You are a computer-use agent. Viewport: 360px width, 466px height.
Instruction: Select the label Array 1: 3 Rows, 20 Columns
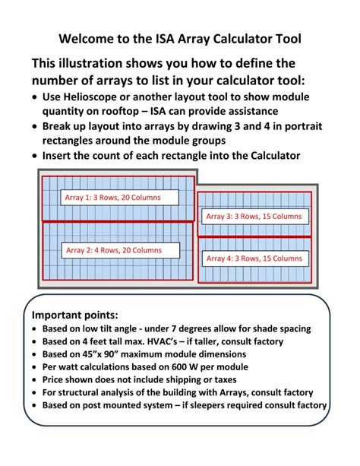click(x=112, y=198)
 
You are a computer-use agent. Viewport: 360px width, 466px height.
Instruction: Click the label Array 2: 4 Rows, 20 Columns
click(x=114, y=250)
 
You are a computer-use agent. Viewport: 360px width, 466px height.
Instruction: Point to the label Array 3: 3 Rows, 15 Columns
click(x=254, y=217)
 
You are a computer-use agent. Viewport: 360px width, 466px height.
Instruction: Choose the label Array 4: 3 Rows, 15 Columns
click(x=254, y=258)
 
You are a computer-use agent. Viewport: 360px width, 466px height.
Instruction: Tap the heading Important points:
click(x=75, y=315)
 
